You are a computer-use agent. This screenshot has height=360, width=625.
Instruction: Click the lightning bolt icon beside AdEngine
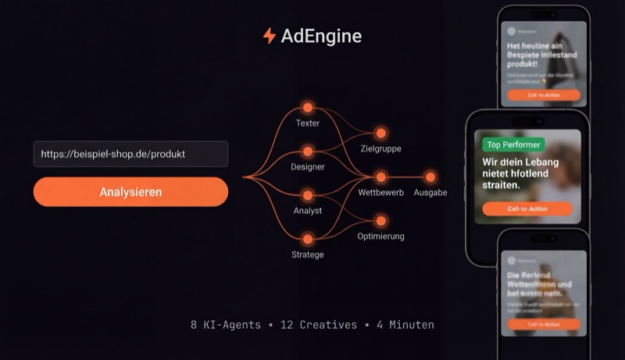pyautogui.click(x=270, y=36)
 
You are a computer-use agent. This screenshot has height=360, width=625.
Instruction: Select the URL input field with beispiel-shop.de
pyautogui.click(x=130, y=154)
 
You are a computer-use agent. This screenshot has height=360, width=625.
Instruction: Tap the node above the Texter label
pyautogui.click(x=308, y=108)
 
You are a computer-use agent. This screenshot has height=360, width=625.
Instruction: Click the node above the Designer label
pyautogui.click(x=308, y=151)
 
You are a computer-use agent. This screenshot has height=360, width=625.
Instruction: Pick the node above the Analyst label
pyautogui.click(x=308, y=195)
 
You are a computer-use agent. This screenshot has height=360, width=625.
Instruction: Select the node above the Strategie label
pyautogui.click(x=308, y=239)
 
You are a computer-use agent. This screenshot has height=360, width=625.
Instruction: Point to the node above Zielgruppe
pyautogui.click(x=381, y=133)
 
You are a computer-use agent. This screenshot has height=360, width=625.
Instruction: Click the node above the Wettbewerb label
pyautogui.click(x=381, y=177)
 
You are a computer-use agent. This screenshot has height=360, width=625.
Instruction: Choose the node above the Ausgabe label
pyautogui.click(x=430, y=177)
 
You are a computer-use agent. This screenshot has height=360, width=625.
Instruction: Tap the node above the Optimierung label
pyautogui.click(x=381, y=221)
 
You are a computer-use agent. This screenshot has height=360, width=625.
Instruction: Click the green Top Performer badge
pyautogui.click(x=513, y=144)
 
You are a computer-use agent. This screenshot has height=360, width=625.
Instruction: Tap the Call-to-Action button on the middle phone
pyautogui.click(x=527, y=209)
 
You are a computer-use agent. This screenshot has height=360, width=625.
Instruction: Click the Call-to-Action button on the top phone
pyautogui.click(x=543, y=94)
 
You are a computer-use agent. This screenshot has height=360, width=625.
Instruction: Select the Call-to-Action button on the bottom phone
pyautogui.click(x=543, y=323)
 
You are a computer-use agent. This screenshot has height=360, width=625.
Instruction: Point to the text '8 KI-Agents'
pyautogui.click(x=226, y=324)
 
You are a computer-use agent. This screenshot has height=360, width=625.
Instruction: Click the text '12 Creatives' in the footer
pyautogui.click(x=317, y=324)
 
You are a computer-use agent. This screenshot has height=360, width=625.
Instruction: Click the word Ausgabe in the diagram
pyautogui.click(x=430, y=192)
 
